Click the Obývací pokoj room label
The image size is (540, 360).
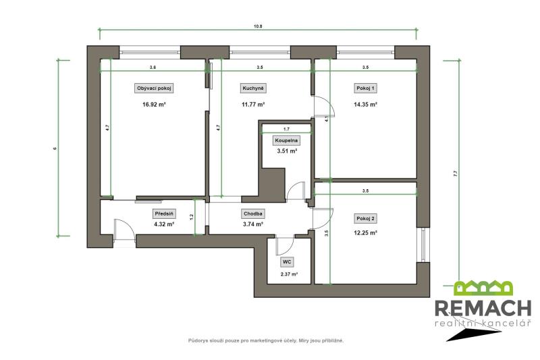click(154, 88)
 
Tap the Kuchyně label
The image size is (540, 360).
click(253, 88)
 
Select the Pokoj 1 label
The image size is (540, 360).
click(365, 88)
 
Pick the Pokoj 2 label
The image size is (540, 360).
click(365, 218)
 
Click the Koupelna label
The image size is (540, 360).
click(286, 140)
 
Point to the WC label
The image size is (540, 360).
click(287, 262)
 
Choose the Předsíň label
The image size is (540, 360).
click(164, 213)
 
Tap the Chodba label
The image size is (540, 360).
click(253, 213)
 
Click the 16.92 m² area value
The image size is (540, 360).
click(154, 105)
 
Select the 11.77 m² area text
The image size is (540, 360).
click(253, 105)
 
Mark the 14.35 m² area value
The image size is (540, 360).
click(365, 105)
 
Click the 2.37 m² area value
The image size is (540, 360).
click(290, 274)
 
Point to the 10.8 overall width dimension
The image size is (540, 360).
click(258, 26)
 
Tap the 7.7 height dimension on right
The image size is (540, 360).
click(456, 174)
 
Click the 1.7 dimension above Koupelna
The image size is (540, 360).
click(286, 129)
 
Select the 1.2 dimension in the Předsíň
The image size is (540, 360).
click(192, 217)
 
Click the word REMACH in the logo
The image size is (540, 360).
click(483, 308)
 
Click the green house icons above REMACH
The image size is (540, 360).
click(483, 288)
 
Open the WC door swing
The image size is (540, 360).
click(285, 245)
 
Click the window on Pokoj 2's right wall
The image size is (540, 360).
click(423, 245)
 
